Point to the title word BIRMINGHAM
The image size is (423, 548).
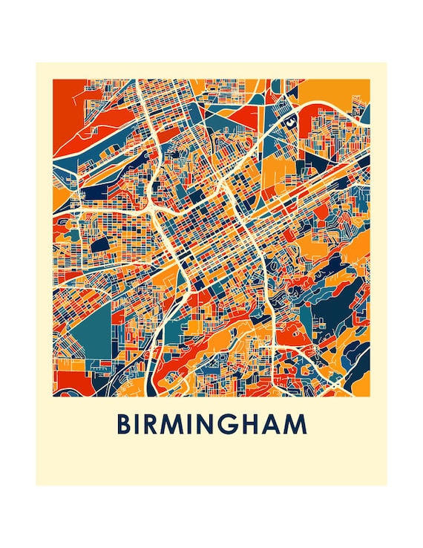coord(211,425)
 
